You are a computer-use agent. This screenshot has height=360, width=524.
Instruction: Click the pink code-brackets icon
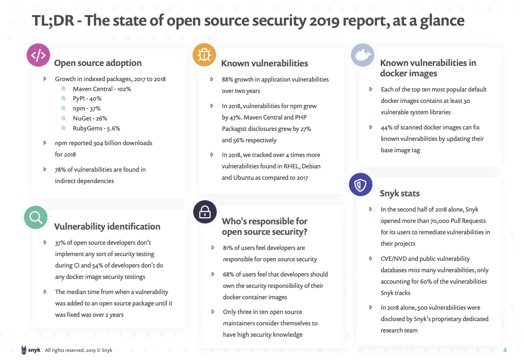[38, 55]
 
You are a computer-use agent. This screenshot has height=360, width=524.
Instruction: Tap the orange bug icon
[204, 55]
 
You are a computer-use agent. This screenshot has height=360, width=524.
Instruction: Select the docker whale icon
[362, 55]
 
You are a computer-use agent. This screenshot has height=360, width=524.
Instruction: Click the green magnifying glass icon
[36, 218]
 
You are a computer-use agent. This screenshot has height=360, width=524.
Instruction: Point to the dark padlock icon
[205, 212]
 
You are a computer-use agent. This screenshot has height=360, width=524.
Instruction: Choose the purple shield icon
[360, 185]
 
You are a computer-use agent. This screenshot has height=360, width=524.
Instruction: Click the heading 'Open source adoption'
[98, 63]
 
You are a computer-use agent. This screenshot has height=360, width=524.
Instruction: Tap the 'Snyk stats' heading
[399, 194]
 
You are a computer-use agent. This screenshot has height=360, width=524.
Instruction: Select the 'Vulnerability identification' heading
[107, 226]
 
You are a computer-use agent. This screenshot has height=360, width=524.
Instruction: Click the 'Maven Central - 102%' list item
[101, 89]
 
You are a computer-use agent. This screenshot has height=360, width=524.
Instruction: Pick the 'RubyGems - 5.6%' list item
[96, 128]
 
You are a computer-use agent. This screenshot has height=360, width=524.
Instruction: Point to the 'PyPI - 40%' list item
[87, 99]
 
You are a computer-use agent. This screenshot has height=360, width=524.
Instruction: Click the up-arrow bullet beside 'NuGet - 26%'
[63, 118]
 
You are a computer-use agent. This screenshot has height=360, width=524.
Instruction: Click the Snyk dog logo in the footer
[24, 351]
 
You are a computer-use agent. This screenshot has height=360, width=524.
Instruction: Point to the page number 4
[505, 350]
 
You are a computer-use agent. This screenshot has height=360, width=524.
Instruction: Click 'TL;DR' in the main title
[50, 20]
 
